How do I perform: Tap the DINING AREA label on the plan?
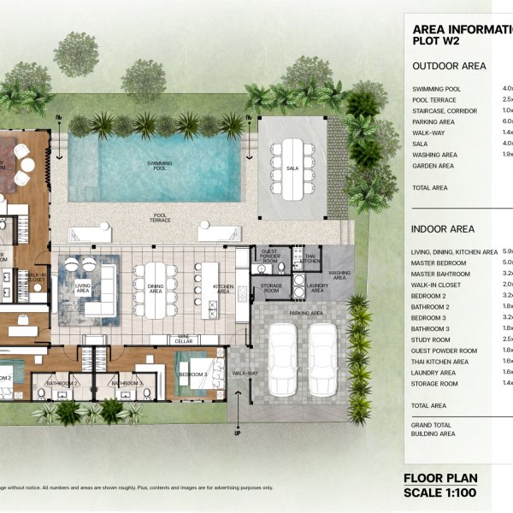(x=156, y=289)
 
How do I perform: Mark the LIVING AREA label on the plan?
(x=83, y=288)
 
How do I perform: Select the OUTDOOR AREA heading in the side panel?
(x=449, y=66)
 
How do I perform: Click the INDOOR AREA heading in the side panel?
(x=443, y=229)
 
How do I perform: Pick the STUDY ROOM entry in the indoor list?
(x=434, y=339)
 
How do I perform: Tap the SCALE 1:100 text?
(x=440, y=493)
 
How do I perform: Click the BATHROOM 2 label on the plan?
(x=63, y=384)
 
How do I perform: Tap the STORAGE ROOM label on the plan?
(x=272, y=288)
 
